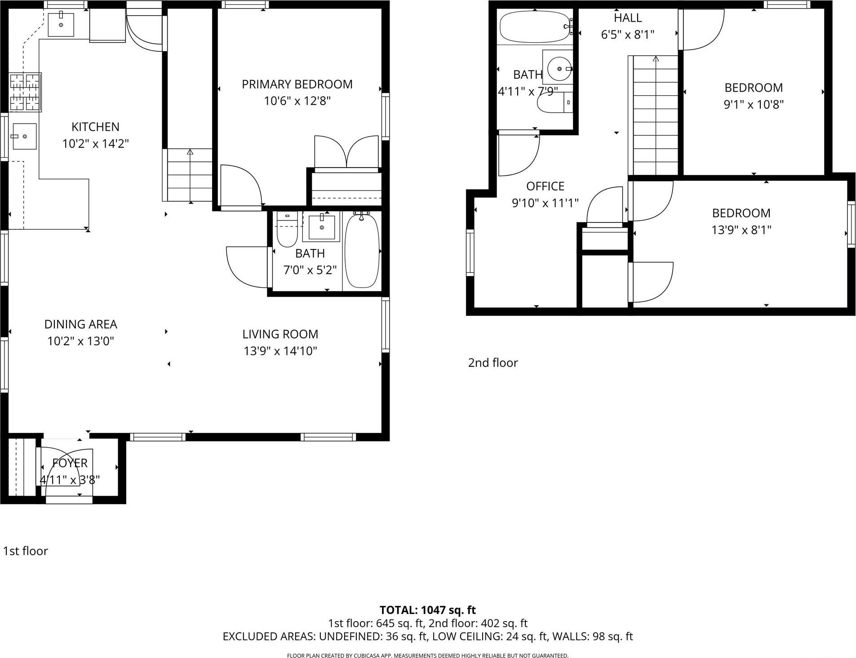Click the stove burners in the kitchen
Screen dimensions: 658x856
[25, 92]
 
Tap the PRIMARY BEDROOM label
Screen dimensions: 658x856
[297, 84]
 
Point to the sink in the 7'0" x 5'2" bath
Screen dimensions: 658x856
[322, 227]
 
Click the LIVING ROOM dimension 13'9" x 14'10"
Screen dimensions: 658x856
[280, 351]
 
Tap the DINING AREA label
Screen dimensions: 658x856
[80, 325]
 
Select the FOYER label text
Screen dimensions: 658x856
[70, 463]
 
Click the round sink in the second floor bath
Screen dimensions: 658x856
[559, 69]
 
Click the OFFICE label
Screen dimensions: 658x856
[545, 186]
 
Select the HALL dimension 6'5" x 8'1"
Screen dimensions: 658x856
[628, 35]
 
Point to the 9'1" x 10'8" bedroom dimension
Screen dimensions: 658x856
[754, 105]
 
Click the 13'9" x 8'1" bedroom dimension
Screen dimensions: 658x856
[741, 230]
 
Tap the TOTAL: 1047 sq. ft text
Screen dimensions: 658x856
[427, 610]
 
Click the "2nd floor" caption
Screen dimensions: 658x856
[493, 363]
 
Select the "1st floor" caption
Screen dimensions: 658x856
[26, 551]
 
